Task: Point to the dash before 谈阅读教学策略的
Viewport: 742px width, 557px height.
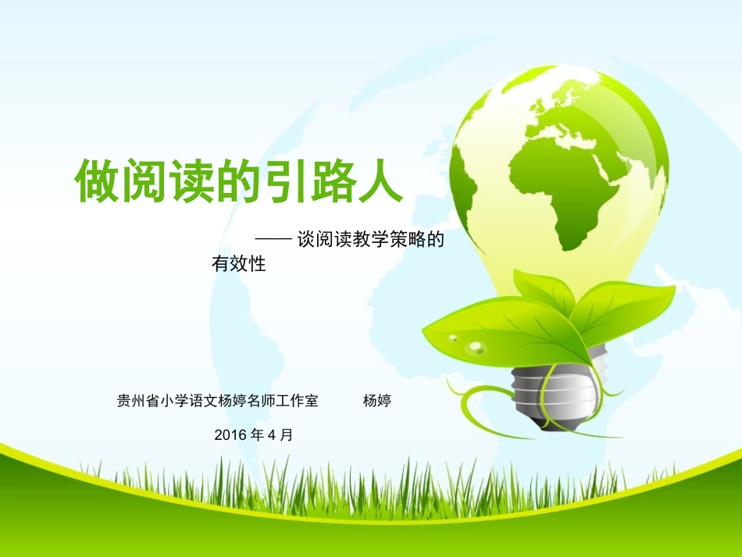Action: tap(274, 241)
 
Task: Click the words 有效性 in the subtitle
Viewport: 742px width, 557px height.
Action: tap(239, 265)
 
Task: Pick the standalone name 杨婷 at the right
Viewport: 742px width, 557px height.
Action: tap(376, 402)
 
